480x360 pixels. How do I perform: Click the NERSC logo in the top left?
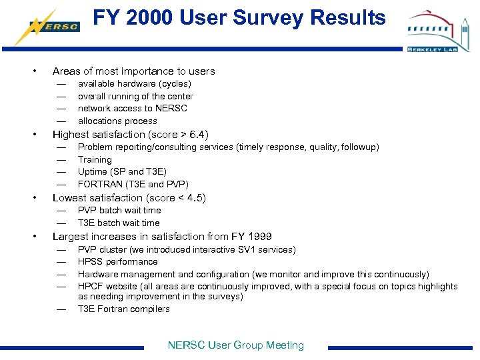click(46, 26)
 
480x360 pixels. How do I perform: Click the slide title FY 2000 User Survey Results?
click(239, 18)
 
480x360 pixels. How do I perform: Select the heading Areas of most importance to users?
click(133, 71)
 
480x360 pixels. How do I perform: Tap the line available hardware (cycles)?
click(134, 84)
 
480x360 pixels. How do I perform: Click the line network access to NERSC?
click(132, 108)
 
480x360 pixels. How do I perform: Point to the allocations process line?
click(117, 121)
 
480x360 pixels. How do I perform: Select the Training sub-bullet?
click(95, 159)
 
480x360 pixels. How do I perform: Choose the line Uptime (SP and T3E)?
click(122, 172)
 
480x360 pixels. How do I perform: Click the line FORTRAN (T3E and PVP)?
click(133, 184)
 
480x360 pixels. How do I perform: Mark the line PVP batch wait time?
click(119, 210)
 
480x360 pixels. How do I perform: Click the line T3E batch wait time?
click(119, 223)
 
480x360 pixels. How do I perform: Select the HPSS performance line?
click(117, 262)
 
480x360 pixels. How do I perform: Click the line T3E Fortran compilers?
click(123, 309)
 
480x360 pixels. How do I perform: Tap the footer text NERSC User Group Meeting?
click(235, 345)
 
